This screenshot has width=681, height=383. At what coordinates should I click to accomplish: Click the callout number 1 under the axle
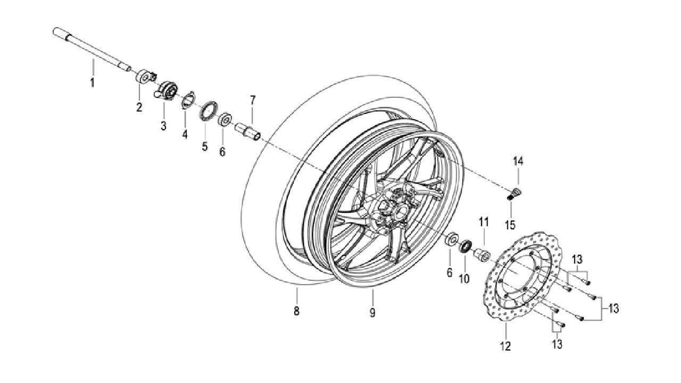(93, 82)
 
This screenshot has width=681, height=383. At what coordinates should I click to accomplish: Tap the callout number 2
(139, 107)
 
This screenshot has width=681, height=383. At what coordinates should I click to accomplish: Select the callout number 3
(163, 125)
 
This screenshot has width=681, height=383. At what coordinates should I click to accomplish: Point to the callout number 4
(185, 134)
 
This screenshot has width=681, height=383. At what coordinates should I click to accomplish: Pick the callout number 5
(205, 146)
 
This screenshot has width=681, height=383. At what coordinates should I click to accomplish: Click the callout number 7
(253, 100)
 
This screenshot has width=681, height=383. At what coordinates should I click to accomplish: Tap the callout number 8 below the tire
(296, 311)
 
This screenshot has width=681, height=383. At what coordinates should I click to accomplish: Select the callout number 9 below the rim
(372, 312)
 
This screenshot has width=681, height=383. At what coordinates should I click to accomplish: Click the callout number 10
(464, 278)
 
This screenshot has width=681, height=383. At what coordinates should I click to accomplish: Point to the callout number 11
(484, 222)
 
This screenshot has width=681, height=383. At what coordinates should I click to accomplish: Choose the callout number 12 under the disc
(505, 346)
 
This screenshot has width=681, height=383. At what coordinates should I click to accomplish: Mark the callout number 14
(519, 161)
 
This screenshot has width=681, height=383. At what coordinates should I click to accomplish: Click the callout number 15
(510, 225)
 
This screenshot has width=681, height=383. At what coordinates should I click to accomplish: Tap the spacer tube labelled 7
(248, 131)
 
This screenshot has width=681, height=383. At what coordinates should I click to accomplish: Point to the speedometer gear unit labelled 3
(165, 90)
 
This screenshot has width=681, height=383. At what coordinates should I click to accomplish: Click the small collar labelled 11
(482, 254)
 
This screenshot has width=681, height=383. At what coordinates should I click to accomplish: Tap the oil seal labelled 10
(465, 246)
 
